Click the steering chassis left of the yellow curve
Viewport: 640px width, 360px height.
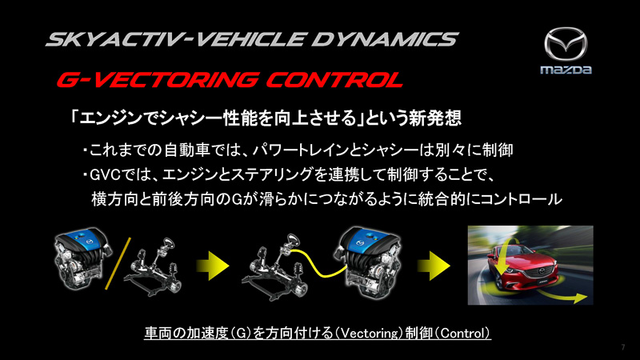[x=269, y=264]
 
